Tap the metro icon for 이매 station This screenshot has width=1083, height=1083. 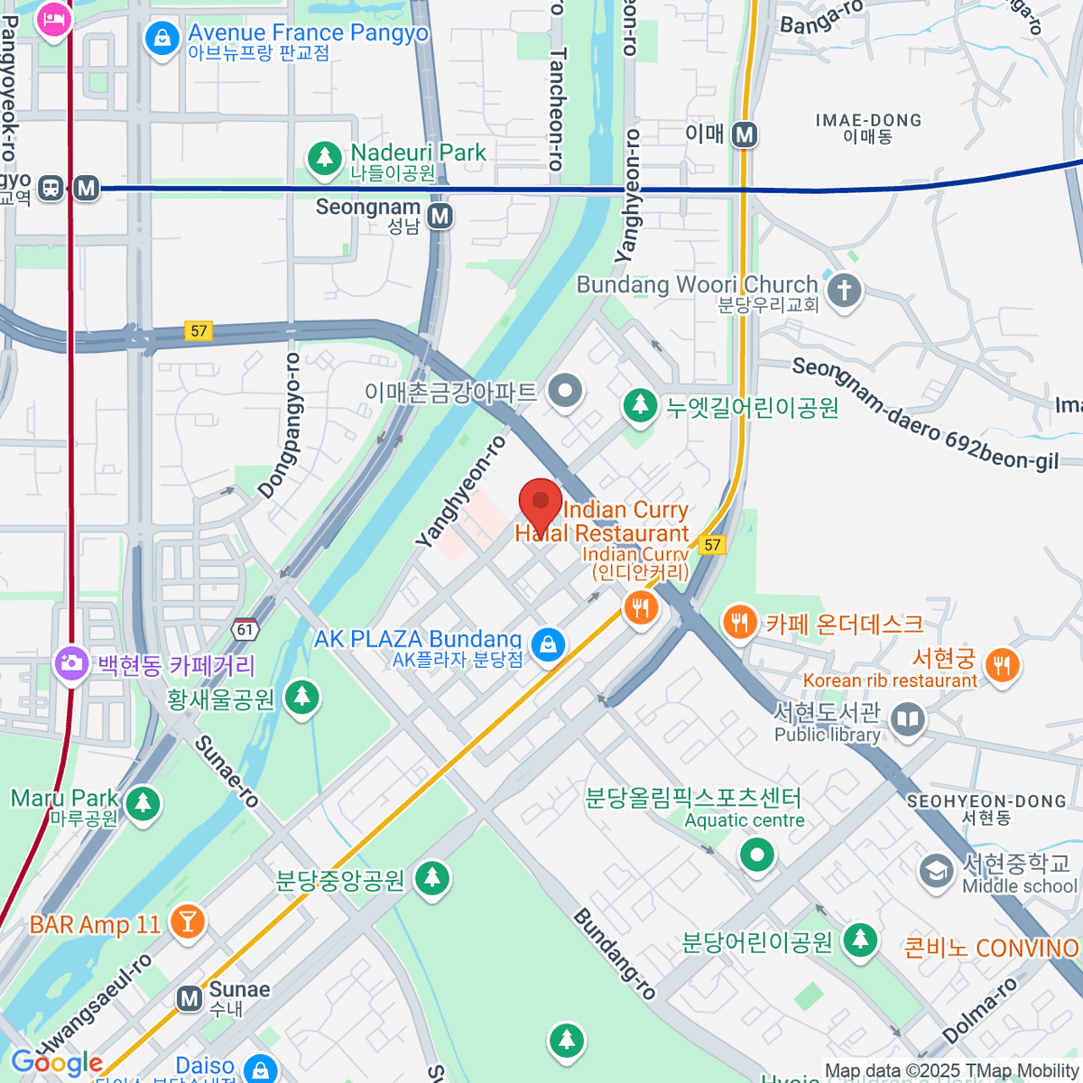[744, 134]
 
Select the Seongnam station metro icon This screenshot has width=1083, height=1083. [440, 217]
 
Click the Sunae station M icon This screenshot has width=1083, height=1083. [189, 998]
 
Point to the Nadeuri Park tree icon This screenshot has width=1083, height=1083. [324, 159]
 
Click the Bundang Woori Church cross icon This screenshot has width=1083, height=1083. [845, 291]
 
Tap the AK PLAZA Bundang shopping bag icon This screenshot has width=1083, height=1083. [548, 645]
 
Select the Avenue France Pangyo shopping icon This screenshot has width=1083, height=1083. [162, 39]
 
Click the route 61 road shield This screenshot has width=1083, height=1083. [245, 629]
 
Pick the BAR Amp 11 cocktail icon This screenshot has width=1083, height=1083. [188, 921]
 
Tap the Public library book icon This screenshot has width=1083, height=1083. [907, 720]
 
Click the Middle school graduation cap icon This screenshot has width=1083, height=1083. [936, 872]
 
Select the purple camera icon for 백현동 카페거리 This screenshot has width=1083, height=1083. [70, 664]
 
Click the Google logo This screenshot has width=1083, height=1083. [57, 1063]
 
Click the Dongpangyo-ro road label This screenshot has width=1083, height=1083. [280, 425]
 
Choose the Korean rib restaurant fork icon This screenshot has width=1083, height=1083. [1002, 666]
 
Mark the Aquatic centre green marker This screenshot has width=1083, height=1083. [756, 854]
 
